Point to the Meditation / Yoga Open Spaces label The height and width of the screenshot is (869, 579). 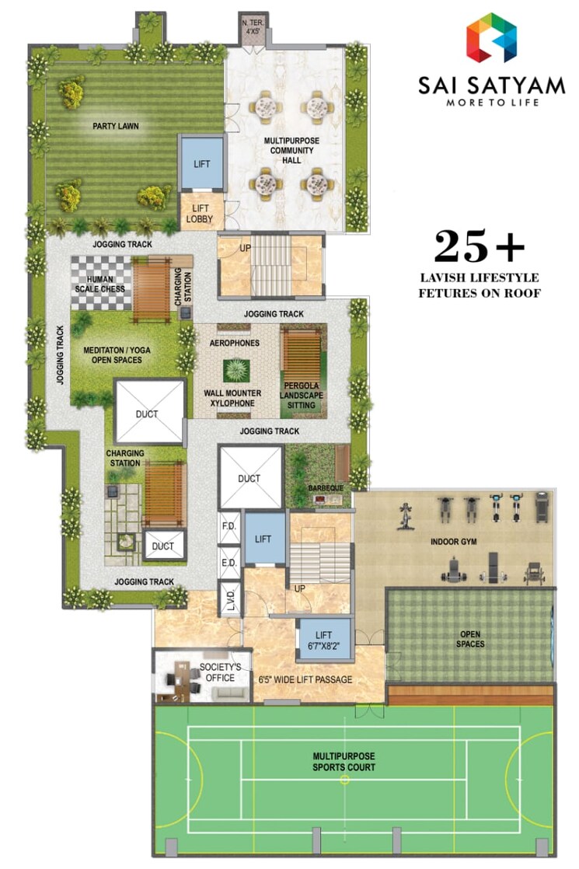tap(117, 355)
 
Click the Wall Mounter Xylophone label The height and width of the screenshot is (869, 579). tap(233, 399)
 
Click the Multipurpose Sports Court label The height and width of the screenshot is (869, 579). tap(344, 762)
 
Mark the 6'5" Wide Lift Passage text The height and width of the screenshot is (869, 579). tap(305, 680)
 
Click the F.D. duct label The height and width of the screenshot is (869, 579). tap(228, 526)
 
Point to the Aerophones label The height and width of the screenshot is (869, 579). tap(234, 342)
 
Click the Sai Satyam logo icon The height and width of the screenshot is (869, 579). tap(491, 37)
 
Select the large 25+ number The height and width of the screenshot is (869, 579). tap(480, 247)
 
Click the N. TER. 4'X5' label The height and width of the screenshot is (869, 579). tap(252, 28)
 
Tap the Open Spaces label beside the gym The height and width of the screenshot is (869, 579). tap(470, 639)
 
